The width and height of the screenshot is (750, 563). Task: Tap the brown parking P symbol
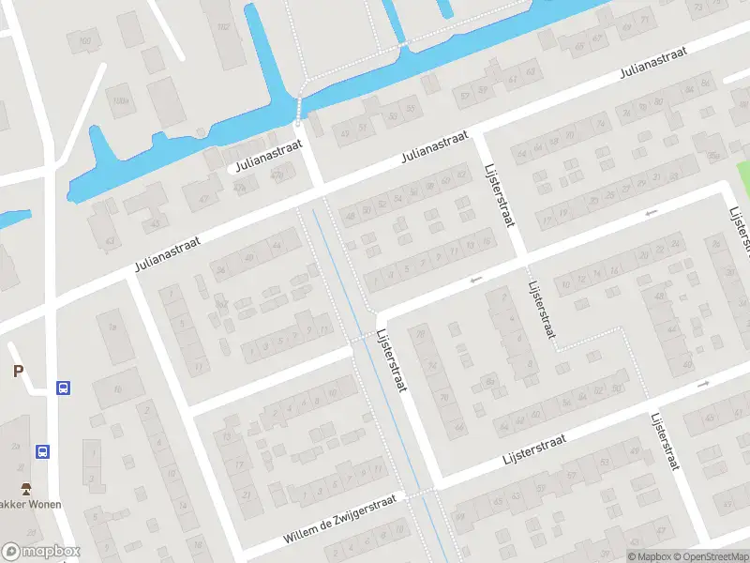[x=18, y=372]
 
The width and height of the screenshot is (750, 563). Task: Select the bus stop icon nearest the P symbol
[x=63, y=388]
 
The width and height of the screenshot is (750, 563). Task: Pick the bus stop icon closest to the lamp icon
[x=42, y=451]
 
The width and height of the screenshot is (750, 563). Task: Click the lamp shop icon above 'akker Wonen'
[x=26, y=489]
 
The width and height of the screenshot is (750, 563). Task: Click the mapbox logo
[x=41, y=552]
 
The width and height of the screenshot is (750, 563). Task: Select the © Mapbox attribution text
[x=649, y=556]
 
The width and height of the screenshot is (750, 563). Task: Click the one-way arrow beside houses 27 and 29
[x=651, y=212]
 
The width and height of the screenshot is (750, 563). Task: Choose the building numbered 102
[x=223, y=27]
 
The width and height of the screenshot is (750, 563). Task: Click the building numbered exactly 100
[x=86, y=40]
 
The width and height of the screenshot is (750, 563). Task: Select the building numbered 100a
[x=120, y=99]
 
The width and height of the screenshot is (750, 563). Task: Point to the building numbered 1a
[x=112, y=327]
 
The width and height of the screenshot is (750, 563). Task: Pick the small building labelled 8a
[x=488, y=383]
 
